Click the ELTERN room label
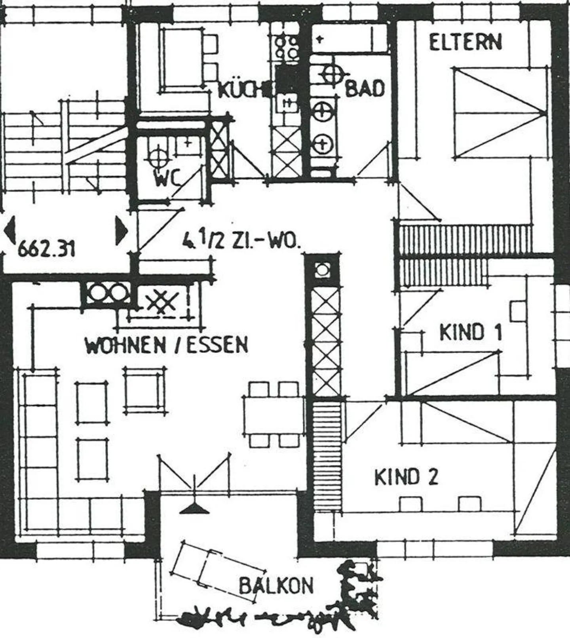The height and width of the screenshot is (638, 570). pos(465,42)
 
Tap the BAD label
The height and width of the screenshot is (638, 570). pos(365,89)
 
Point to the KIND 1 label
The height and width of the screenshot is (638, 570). pos(471,333)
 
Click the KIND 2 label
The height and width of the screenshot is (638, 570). pos(406,477)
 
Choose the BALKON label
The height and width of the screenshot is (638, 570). pos(276,585)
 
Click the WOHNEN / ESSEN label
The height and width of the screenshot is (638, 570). pos(166,345)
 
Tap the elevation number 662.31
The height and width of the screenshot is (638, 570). pos(47,250)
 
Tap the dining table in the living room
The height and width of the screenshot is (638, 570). pos(273,415)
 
